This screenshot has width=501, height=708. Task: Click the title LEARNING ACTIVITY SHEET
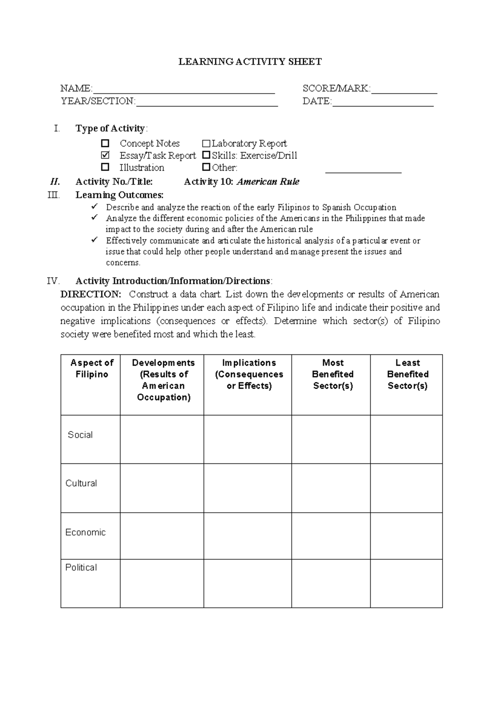point(250,62)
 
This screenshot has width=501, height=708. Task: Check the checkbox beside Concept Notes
point(105,143)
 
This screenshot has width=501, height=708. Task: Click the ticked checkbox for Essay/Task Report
point(105,155)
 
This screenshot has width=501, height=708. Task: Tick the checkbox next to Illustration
point(105,167)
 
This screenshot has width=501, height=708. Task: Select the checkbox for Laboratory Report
point(206,144)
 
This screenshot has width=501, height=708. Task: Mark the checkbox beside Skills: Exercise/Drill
point(206,155)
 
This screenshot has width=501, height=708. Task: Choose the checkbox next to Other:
point(206,167)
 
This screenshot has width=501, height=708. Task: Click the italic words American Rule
point(268,182)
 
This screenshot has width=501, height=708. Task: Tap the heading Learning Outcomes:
point(119,195)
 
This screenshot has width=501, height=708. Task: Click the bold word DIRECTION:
point(91,294)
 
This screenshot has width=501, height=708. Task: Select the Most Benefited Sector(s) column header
point(333,374)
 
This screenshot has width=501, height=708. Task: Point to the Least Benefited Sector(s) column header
point(407,374)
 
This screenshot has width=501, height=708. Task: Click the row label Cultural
point(81,483)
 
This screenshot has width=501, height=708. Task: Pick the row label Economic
point(85,532)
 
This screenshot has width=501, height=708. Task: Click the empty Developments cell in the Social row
point(162,439)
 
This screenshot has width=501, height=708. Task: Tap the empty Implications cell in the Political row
point(248,583)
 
